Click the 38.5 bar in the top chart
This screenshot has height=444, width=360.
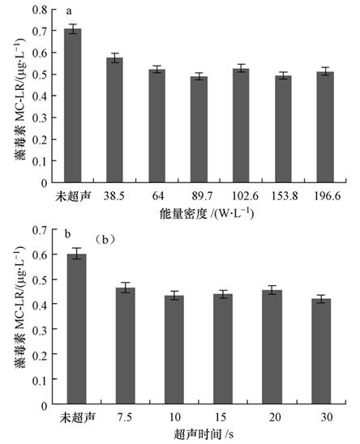click(115, 121)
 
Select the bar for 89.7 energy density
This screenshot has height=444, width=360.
click(199, 130)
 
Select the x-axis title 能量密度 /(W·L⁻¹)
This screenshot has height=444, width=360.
click(200, 214)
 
